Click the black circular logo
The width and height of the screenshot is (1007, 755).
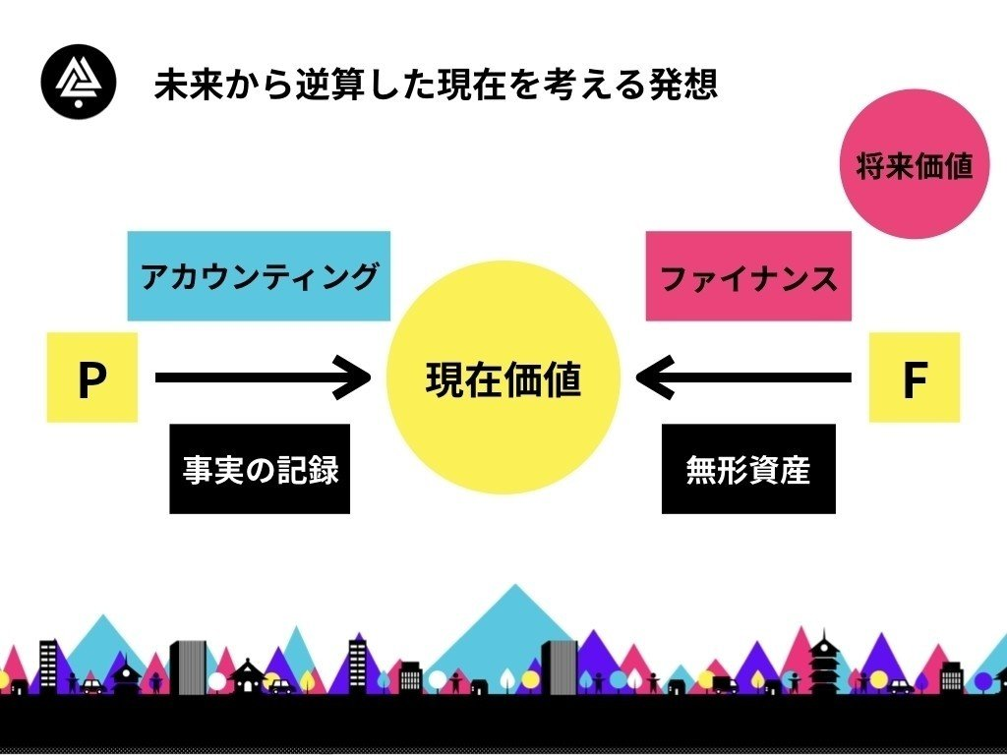pos(79,82)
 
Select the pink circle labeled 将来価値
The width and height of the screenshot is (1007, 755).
pos(915,164)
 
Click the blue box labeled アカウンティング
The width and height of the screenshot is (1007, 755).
pos(259,276)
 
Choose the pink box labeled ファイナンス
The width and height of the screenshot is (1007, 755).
pos(748,276)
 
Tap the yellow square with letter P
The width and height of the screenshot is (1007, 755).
pos(91,377)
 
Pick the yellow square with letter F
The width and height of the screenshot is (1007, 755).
pos(915,377)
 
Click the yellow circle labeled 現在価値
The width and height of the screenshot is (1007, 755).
pos(503,377)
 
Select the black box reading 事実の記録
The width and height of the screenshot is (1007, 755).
pos(260,469)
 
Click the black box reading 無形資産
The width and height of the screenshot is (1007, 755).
pos(748,469)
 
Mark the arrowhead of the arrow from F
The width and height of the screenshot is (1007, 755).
pos(636,377)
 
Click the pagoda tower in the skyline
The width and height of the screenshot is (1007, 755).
pos(823,665)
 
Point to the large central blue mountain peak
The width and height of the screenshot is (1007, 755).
pos(514,586)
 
